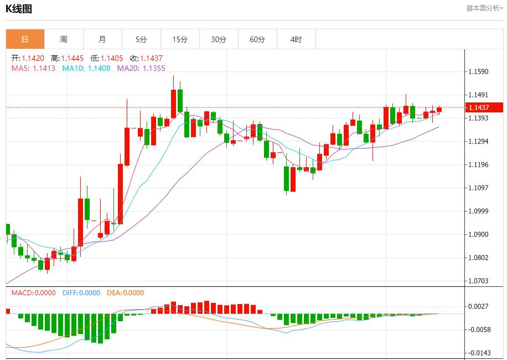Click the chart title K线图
point(19,9)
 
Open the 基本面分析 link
point(484,8)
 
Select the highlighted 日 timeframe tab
point(25,39)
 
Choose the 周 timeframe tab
point(64,39)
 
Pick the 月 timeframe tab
point(102,39)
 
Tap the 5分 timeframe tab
point(141,39)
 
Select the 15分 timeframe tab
point(180,39)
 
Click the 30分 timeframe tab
point(219,39)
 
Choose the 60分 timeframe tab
point(257,39)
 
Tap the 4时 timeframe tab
point(296,39)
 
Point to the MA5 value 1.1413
point(44,68)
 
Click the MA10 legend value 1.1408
point(99,68)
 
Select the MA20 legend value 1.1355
point(154,68)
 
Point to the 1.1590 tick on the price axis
point(478,72)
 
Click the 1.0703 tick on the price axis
point(478,281)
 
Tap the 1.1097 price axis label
point(478,188)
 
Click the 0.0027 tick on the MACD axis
point(478,306)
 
